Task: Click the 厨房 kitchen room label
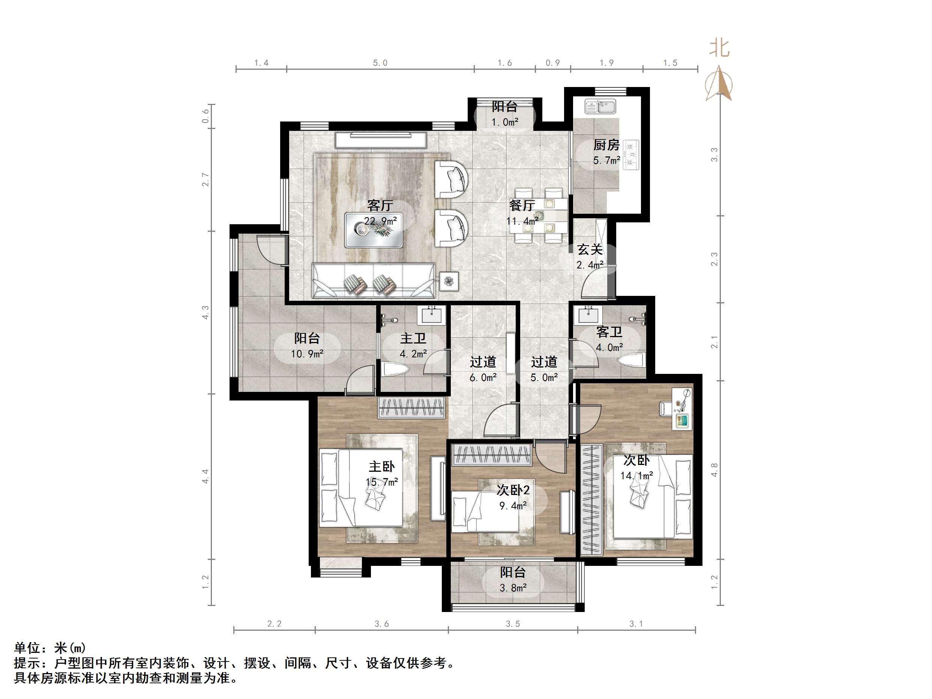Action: pyautogui.click(x=606, y=145)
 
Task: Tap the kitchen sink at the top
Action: pyautogui.click(x=600, y=106)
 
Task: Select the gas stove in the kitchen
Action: pyautogui.click(x=631, y=154)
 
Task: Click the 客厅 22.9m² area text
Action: pyautogui.click(x=380, y=221)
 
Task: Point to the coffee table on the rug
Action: pyautogui.click(x=373, y=230)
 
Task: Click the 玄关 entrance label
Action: pyautogui.click(x=590, y=250)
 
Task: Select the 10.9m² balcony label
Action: pyautogui.click(x=307, y=354)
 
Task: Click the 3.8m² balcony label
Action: pyautogui.click(x=513, y=588)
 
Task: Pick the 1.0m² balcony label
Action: pyautogui.click(x=504, y=122)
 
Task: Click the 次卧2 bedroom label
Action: pyautogui.click(x=513, y=490)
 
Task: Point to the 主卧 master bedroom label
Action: pyautogui.click(x=382, y=466)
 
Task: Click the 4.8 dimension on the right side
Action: pyautogui.click(x=714, y=470)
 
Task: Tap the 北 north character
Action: pyautogui.click(x=719, y=48)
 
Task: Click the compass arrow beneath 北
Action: pyautogui.click(x=719, y=84)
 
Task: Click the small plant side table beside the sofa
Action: pyautogui.click(x=449, y=281)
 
